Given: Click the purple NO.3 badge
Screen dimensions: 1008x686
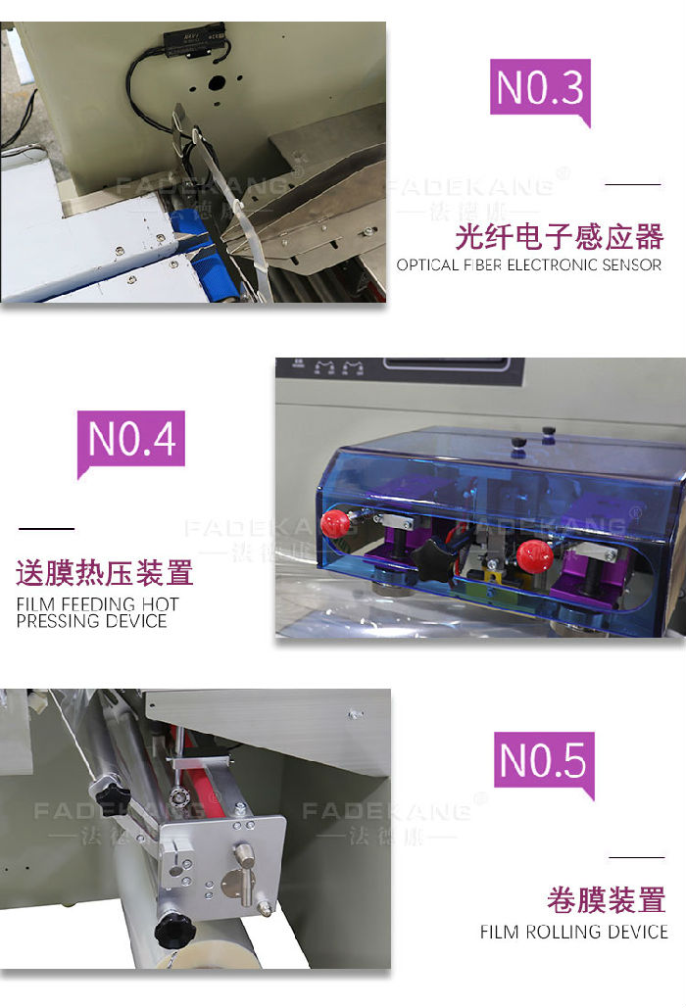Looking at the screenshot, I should (x=540, y=87).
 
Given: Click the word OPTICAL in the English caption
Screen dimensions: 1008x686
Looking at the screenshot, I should (x=427, y=264).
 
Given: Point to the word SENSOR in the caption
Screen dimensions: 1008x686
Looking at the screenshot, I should (x=630, y=264).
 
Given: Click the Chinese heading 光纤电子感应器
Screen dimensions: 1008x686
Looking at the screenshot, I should (x=559, y=236).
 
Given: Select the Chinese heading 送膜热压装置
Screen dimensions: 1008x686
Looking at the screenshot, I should (x=105, y=573).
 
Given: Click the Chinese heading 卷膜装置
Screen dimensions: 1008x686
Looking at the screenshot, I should (x=607, y=899).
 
